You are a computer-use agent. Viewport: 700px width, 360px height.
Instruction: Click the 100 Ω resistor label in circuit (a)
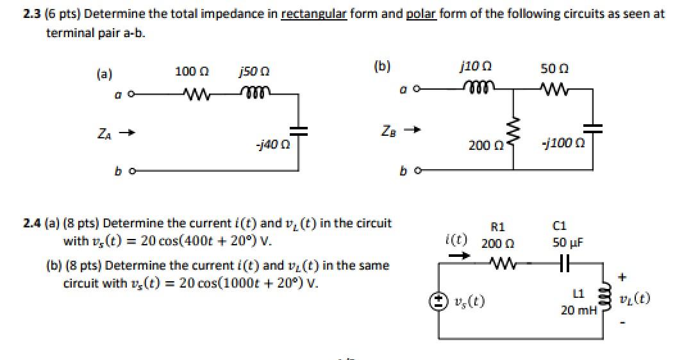point(189,72)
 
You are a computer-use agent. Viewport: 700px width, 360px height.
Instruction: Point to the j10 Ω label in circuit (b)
point(476,65)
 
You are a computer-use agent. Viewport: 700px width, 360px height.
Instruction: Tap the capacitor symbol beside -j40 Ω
point(298,131)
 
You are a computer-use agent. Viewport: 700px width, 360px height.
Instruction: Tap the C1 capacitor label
point(559,226)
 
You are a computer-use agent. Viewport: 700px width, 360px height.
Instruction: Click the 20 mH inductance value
point(578,311)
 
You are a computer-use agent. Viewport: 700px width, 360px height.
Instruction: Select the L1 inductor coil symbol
point(602,299)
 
